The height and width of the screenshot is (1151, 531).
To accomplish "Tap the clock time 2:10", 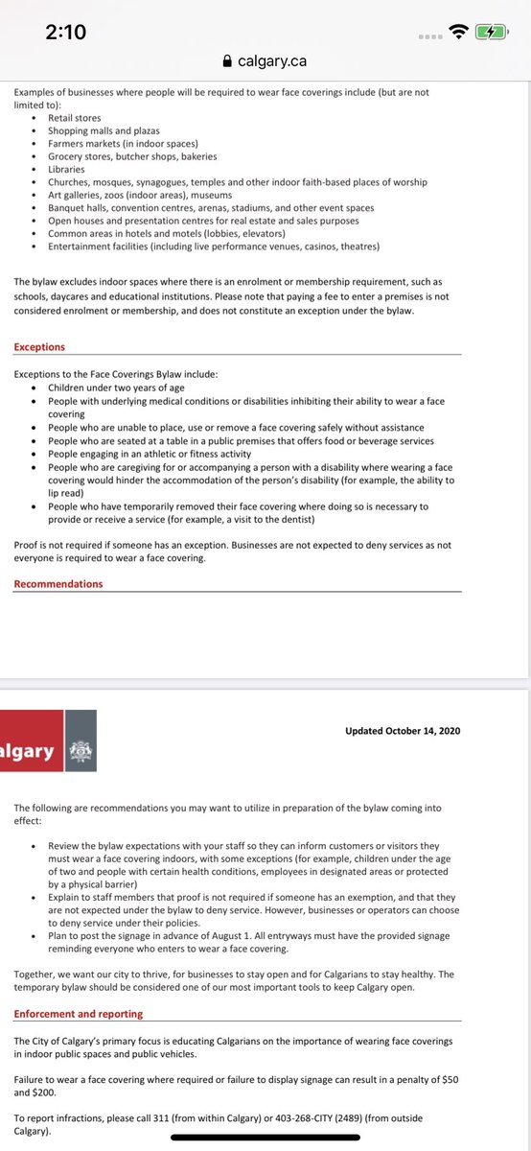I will tap(66, 32).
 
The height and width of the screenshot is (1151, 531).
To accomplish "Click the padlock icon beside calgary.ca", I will tap(226, 60).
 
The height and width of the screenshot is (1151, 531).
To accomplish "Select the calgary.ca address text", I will tap(272, 60).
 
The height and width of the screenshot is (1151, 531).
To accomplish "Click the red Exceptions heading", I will tap(39, 346).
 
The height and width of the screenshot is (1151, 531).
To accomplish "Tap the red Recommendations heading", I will tap(58, 583).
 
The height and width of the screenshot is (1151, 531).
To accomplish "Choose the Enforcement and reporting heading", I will tap(79, 1013).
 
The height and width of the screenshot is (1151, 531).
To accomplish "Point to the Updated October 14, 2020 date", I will tap(403, 731).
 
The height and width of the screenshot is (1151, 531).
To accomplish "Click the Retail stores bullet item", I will tap(74, 117).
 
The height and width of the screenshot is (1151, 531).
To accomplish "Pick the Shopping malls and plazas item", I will tap(104, 130).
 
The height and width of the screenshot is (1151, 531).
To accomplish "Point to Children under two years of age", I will tap(114, 388).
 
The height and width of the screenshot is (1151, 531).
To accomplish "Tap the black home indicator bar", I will tap(265, 1139).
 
